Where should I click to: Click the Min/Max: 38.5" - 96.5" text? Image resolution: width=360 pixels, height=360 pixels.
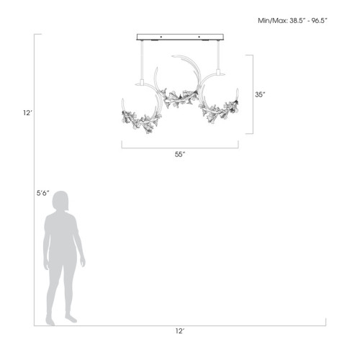pos(292,21)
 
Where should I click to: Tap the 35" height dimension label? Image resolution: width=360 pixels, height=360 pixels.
pos(260,95)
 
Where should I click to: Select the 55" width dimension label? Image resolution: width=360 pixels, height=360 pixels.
pos(180,155)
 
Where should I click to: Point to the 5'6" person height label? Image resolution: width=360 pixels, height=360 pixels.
pos(43,193)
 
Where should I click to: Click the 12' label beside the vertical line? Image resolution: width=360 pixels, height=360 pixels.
pos(27,113)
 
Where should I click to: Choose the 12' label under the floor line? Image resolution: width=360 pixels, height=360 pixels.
pos(180,331)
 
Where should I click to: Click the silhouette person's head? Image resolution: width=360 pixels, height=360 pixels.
pos(60,201)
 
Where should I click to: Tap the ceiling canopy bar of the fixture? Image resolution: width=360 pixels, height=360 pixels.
pos(180,37)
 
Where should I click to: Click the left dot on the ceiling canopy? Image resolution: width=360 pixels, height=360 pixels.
pos(161,37)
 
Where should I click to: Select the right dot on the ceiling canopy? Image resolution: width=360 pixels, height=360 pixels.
pos(199,37)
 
